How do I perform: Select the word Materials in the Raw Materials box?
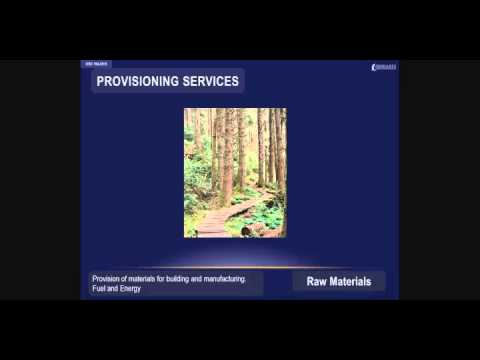351,282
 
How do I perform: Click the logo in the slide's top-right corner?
383,67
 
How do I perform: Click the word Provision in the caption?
106,279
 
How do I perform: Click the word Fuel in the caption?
98,289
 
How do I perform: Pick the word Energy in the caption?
130,289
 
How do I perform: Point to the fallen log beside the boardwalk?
259,229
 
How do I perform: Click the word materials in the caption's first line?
145,279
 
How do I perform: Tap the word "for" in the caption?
166,279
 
